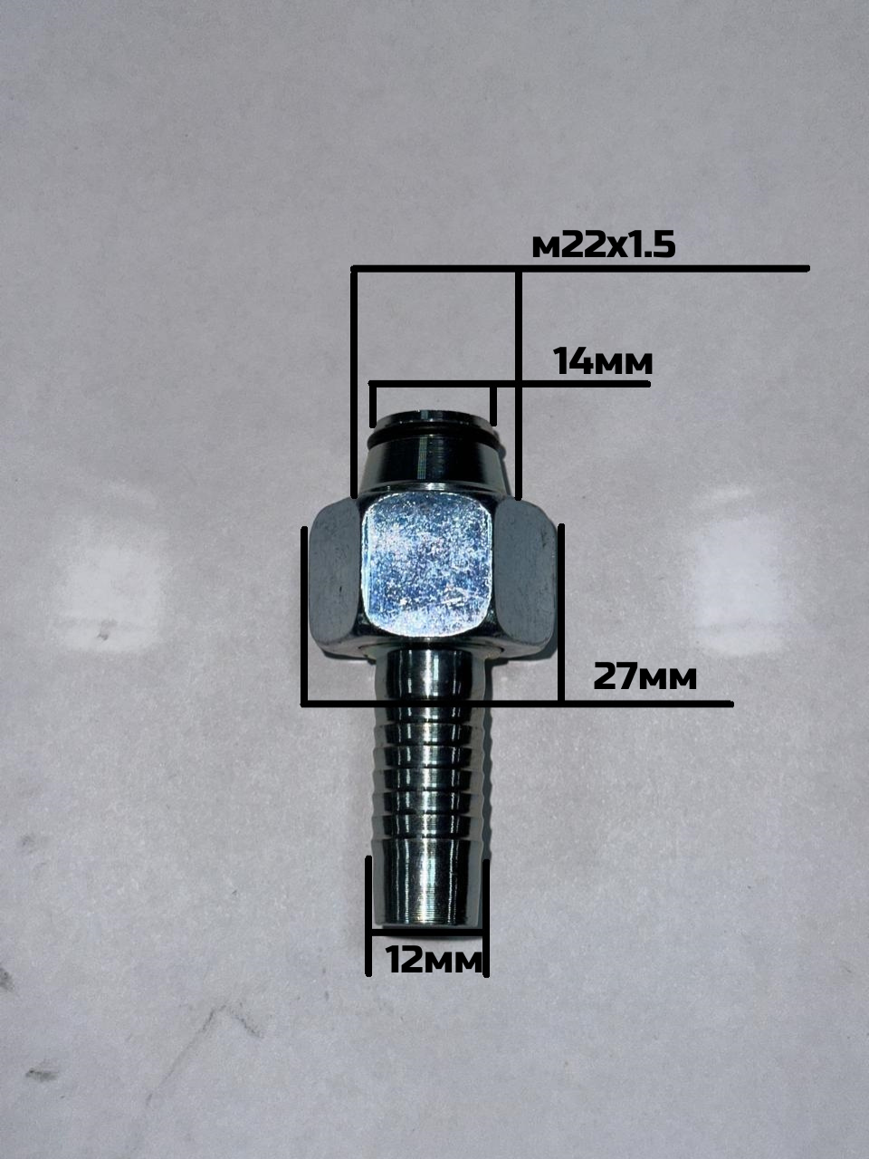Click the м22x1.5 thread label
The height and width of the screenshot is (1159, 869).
(x=604, y=246)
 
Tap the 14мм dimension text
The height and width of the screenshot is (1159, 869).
(x=603, y=362)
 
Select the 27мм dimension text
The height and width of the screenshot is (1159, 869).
(x=645, y=677)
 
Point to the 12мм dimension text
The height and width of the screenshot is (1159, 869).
(x=434, y=960)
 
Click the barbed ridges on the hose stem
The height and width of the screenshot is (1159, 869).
(x=432, y=779)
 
